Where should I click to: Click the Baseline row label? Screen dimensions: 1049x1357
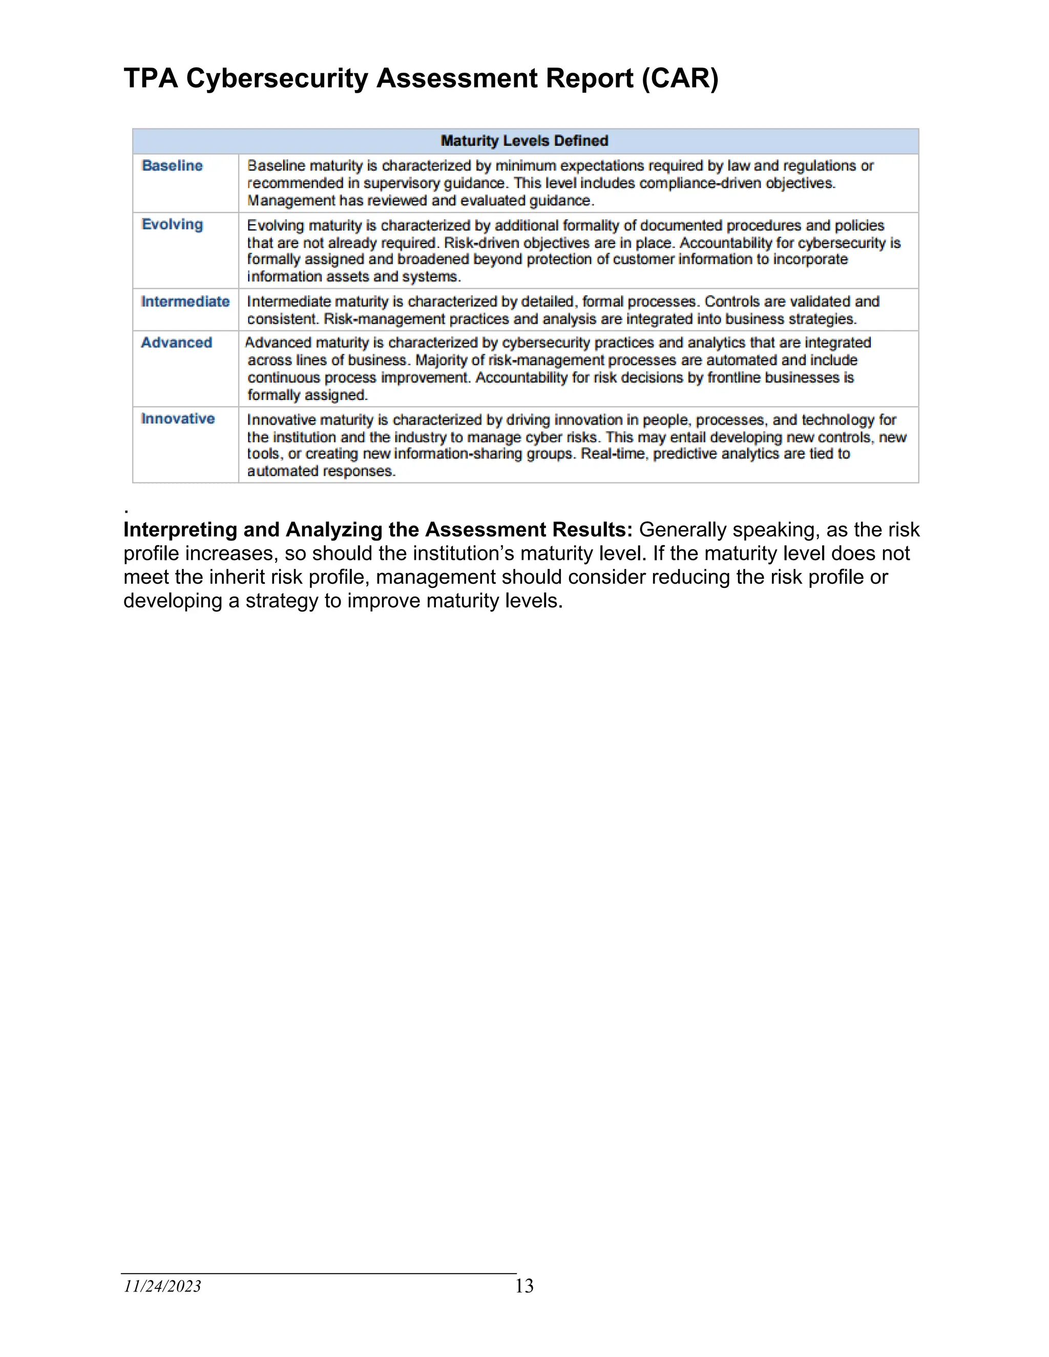pyautogui.click(x=172, y=166)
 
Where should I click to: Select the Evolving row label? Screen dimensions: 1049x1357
pyautogui.click(x=172, y=224)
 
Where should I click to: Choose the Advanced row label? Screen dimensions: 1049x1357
pyautogui.click(x=177, y=343)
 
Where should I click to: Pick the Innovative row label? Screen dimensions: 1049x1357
pyautogui.click(x=178, y=419)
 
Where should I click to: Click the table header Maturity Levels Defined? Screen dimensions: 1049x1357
pyautogui.click(x=524, y=141)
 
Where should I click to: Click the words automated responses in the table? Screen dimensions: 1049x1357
pyautogui.click(x=321, y=472)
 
